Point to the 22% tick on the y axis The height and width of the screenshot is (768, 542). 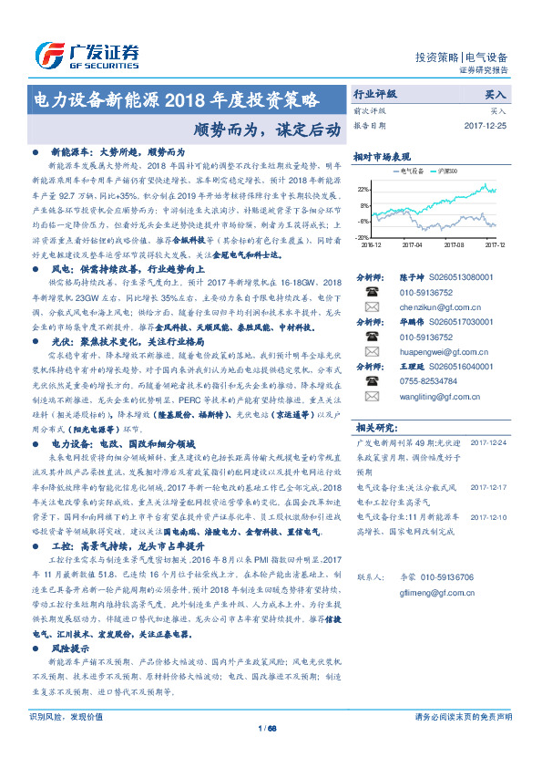[364, 189]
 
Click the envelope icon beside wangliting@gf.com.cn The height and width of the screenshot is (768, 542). [371, 397]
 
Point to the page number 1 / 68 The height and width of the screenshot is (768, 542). [268, 753]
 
